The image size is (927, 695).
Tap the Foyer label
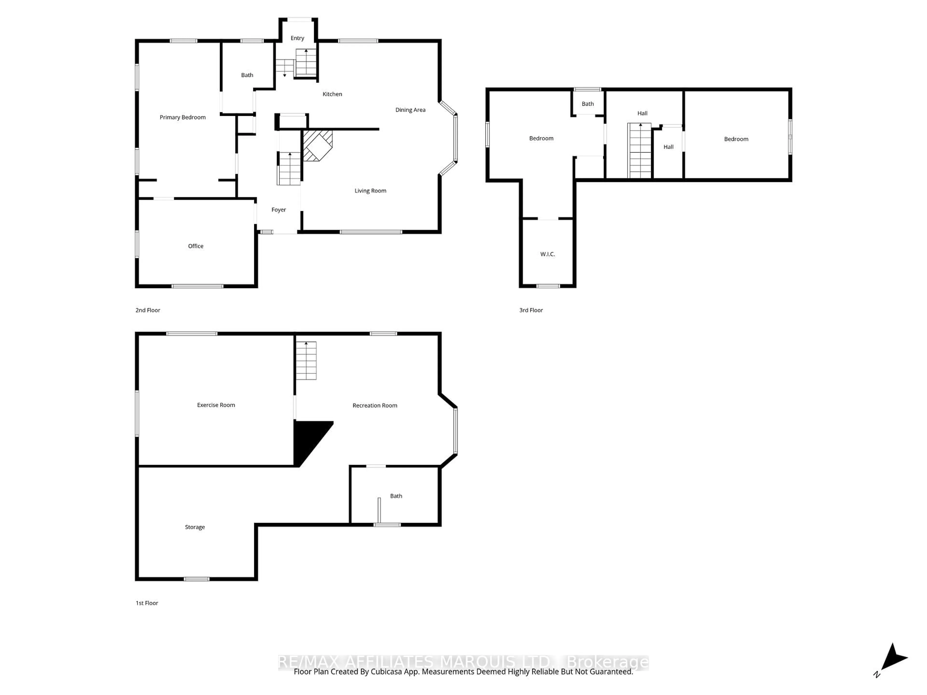[x=278, y=209]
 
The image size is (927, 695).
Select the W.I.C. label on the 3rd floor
[x=547, y=254]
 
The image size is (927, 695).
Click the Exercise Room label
[x=216, y=405]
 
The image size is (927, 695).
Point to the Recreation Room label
[x=375, y=405]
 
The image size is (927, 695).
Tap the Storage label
[x=195, y=527]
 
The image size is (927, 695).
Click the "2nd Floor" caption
[x=147, y=310]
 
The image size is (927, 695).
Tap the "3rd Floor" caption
[x=531, y=310]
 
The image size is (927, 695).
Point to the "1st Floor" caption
[x=147, y=603]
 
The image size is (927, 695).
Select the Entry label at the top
[x=297, y=38]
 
